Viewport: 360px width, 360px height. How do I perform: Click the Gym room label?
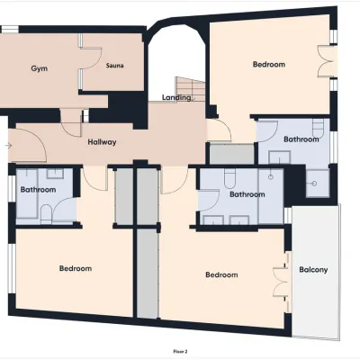tap(40, 68)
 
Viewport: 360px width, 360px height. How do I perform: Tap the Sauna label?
tap(114, 66)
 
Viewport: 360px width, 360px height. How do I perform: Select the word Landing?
tap(176, 97)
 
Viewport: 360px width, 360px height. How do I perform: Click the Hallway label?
tap(102, 142)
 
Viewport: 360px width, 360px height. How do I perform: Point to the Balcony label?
tap(313, 270)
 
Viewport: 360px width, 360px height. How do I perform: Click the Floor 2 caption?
tap(180, 351)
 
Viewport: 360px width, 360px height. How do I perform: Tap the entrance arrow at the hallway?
tap(8, 146)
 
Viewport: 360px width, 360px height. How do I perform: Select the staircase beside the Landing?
tap(190, 89)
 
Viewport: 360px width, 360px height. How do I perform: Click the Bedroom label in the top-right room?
tap(269, 64)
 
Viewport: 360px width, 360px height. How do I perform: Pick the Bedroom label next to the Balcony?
tap(221, 274)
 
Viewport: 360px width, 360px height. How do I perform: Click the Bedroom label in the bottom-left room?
tap(76, 268)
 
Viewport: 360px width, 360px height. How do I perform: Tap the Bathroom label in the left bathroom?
tap(38, 190)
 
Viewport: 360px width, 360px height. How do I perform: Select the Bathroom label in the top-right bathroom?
tap(301, 139)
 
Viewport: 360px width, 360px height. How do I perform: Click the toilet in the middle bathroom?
tap(230, 178)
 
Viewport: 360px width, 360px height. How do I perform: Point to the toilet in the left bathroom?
tap(46, 214)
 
